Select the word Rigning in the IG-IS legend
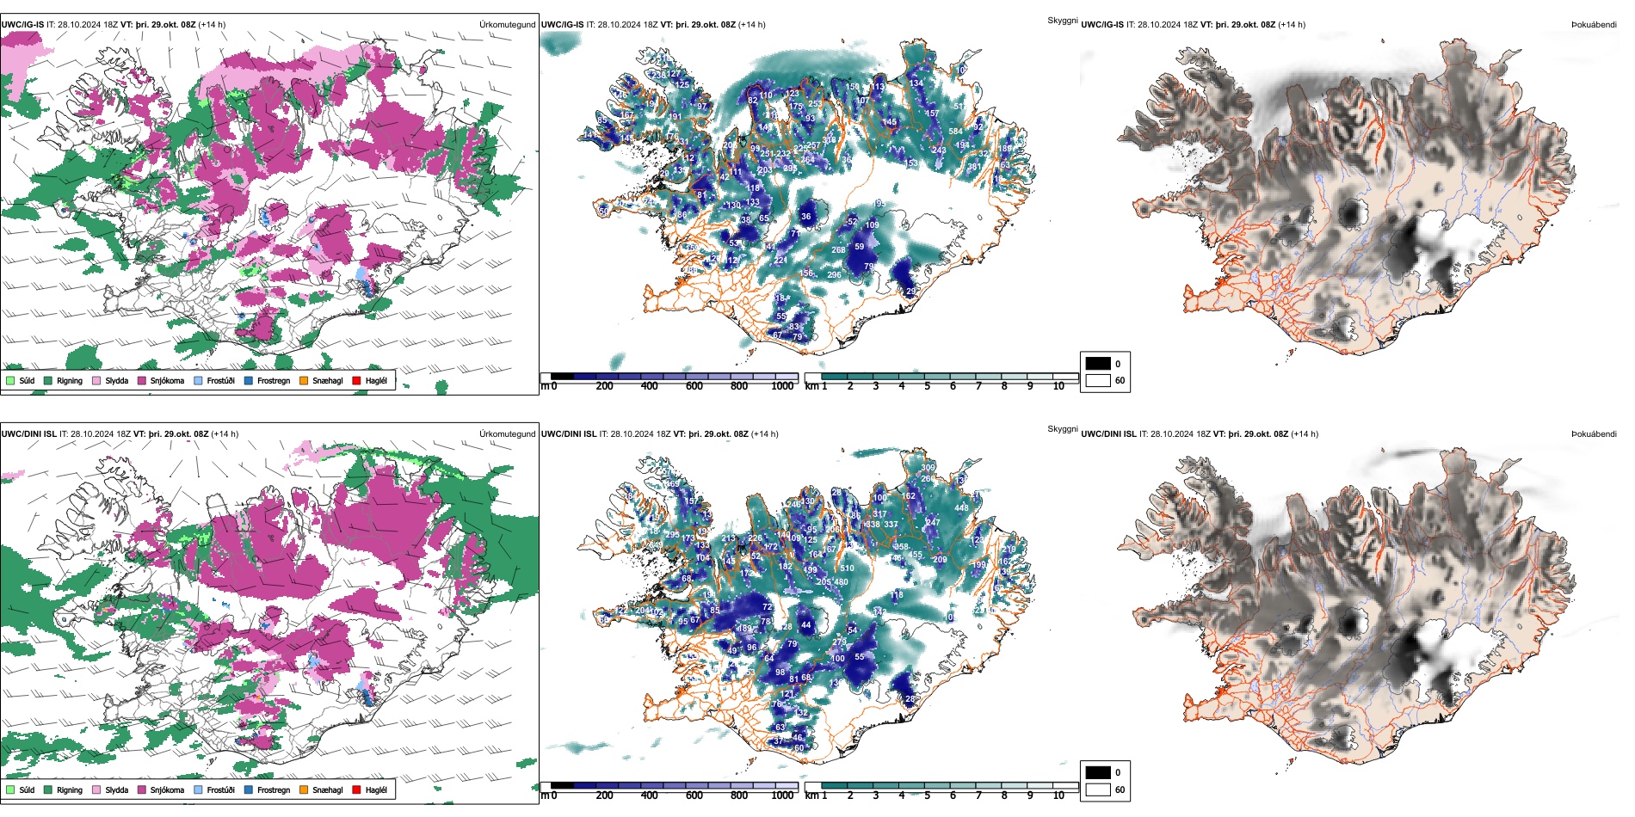click(70, 381)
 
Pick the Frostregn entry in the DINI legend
click(273, 790)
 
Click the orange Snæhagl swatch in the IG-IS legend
click(304, 380)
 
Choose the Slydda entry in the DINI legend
click(116, 790)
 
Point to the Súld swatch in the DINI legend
click(10, 789)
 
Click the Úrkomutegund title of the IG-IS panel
click(507, 25)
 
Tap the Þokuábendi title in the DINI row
click(1594, 434)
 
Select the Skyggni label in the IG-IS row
click(1062, 21)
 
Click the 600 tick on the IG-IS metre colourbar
click(694, 386)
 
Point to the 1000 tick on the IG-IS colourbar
click(782, 386)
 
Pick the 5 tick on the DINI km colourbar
click(927, 795)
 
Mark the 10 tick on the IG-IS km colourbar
click(1058, 386)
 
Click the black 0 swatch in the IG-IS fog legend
click(1098, 364)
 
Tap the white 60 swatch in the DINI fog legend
click(1098, 789)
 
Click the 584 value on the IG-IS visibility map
click(955, 132)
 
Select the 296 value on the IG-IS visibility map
click(834, 275)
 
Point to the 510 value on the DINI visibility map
click(848, 568)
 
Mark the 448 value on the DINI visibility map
click(961, 508)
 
